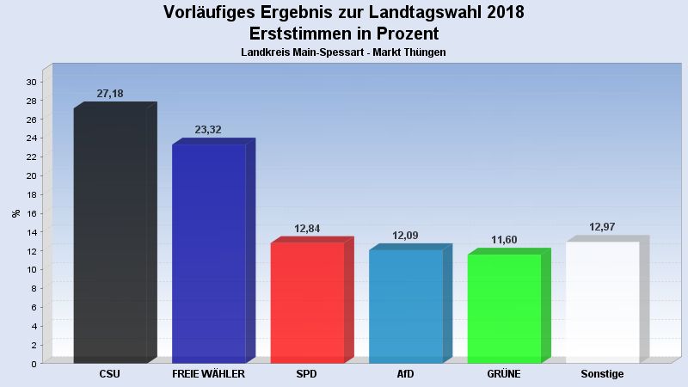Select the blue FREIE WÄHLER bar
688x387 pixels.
(208, 254)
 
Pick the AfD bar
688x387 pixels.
(405, 306)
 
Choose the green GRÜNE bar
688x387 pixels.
(504, 308)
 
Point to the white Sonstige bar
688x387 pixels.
(602, 302)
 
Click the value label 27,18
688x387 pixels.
(110, 94)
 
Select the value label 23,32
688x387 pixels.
(208, 130)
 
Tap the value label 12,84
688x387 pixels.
(307, 229)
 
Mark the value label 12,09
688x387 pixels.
(405, 236)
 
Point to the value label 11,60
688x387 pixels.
(504, 240)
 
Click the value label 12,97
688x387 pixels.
(602, 227)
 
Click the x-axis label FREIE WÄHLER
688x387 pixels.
(208, 375)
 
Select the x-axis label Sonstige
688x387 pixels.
(602, 375)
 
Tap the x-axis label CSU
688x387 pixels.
(110, 375)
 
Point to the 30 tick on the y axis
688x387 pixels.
(31, 83)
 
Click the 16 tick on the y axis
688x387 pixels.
(31, 213)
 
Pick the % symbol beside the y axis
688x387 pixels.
(15, 213)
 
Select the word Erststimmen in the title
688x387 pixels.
(298, 34)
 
